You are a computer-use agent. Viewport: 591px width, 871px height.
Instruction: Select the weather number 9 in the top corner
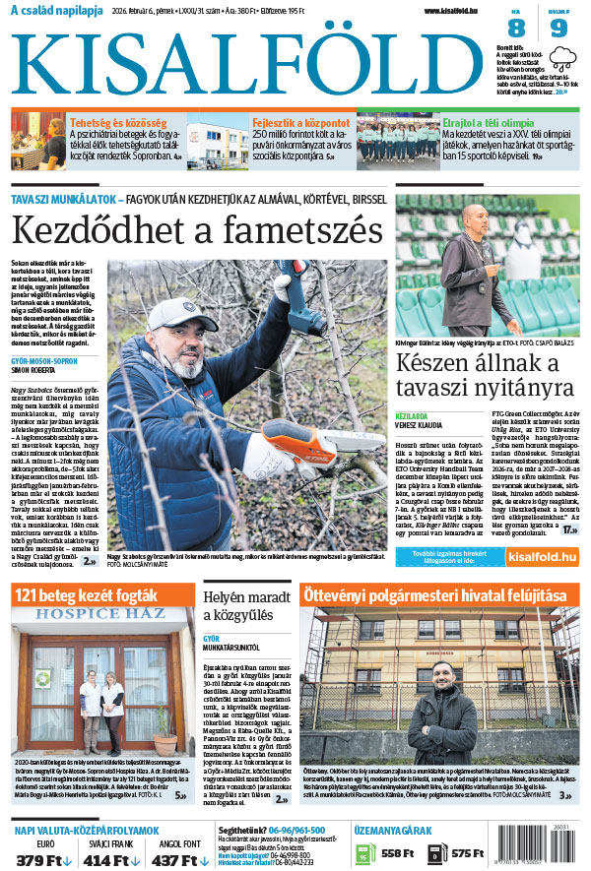[558, 29]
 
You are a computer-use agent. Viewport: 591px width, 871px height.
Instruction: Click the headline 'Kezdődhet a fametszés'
[196, 231]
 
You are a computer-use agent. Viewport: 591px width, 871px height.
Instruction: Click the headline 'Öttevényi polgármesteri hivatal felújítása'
[433, 595]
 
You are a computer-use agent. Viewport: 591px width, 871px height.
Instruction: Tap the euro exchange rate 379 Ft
[43, 859]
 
